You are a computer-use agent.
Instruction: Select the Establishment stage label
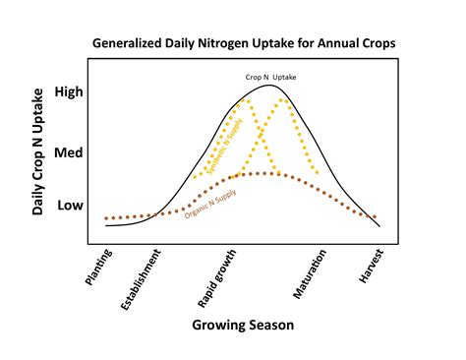coord(141,280)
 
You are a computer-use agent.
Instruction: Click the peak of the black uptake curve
coord(268,86)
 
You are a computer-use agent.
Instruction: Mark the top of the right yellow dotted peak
coord(284,99)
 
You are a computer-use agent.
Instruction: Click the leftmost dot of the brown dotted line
coord(106,218)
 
